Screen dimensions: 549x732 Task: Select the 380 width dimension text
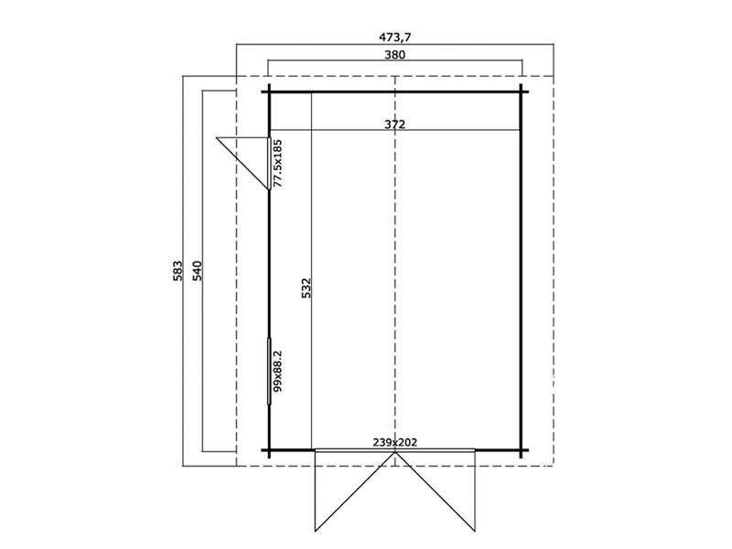click(395, 55)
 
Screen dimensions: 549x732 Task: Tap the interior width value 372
click(395, 124)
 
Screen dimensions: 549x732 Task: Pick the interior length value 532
click(307, 288)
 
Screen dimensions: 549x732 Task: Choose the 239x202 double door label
click(395, 443)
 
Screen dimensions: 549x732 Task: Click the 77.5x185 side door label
click(278, 163)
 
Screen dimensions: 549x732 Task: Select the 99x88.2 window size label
click(278, 371)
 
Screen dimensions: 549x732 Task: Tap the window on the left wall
click(270, 371)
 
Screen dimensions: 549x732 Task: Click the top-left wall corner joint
click(270, 91)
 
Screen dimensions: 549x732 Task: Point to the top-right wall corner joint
click(522, 91)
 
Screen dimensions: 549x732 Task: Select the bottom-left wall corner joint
click(270, 450)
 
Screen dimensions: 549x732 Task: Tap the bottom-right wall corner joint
click(522, 450)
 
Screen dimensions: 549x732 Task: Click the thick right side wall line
click(522, 274)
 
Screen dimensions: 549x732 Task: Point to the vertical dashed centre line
click(394, 274)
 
